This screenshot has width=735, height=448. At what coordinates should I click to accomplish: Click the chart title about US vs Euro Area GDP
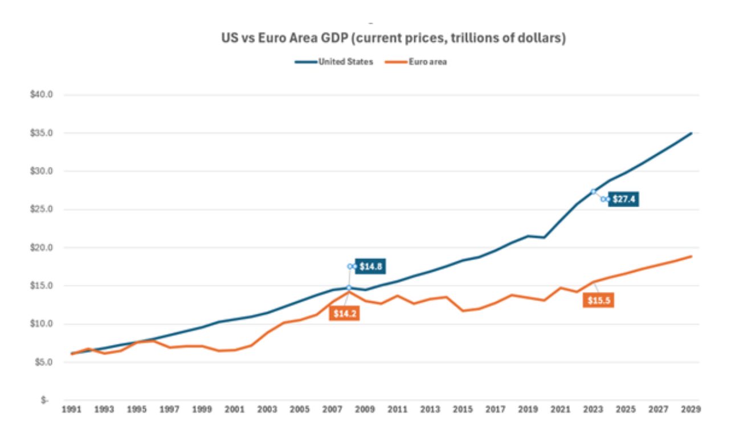pos(393,39)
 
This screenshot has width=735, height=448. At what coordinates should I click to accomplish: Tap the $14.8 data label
pos(371,266)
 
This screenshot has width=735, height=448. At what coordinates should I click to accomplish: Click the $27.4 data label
pos(624,199)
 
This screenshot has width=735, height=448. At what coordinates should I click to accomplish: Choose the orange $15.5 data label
pos(598,301)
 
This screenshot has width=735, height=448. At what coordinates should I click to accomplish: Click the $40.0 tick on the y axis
pos(41,94)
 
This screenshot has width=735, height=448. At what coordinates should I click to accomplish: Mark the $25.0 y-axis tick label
pos(41,209)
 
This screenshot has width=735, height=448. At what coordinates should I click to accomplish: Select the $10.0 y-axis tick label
pos(41,324)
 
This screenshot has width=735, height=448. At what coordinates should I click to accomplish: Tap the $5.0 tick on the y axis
pos(43,362)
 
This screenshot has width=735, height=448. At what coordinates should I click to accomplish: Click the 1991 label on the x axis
pos(71,409)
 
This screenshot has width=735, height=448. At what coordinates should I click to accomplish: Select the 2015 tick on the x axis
pos(463,409)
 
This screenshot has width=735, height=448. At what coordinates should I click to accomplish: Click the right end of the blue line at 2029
pos(691,133)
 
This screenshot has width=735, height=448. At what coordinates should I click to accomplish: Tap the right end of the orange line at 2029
pos(691,256)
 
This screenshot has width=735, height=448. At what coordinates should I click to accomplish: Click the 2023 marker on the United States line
pos(594,191)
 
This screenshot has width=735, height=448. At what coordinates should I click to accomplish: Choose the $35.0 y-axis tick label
pos(41,133)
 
